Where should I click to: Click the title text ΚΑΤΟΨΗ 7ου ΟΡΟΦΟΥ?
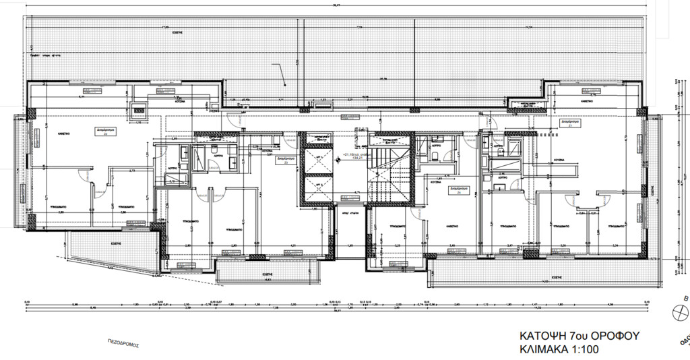[579, 335]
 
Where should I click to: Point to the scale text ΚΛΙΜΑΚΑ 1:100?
[559, 349]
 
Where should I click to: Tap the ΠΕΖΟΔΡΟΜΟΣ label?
[123, 343]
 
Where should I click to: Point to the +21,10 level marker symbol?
[341, 154]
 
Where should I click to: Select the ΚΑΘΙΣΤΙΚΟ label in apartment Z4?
[451, 227]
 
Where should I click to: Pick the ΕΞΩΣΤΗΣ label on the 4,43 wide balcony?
[267, 275]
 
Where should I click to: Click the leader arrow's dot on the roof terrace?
[286, 85]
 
